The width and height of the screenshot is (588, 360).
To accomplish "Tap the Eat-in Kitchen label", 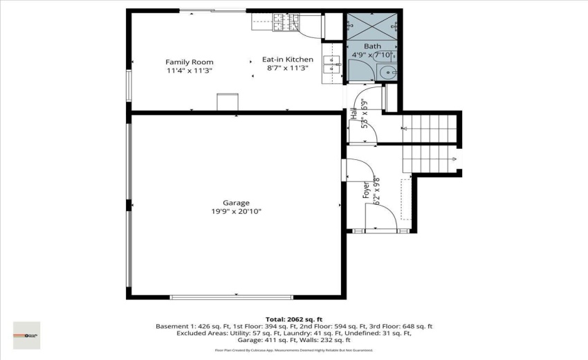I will pos(287,60).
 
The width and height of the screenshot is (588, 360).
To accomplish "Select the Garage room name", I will pos(236,203).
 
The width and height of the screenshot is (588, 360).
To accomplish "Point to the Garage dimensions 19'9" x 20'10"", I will pos(236,212).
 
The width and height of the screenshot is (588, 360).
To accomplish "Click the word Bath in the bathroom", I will pos(372,46).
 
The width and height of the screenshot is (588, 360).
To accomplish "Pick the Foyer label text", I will pos(367,190).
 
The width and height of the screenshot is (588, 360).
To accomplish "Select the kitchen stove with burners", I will pos(280,23).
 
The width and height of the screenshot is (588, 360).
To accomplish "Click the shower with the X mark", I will pos(372,25).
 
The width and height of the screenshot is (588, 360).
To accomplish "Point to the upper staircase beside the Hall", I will pos(429,129).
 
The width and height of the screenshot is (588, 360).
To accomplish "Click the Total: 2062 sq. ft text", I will pos(293,319).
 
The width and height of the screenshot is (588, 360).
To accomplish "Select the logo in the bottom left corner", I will pos(26,335).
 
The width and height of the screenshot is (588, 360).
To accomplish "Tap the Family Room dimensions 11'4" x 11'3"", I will pos(189,71).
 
